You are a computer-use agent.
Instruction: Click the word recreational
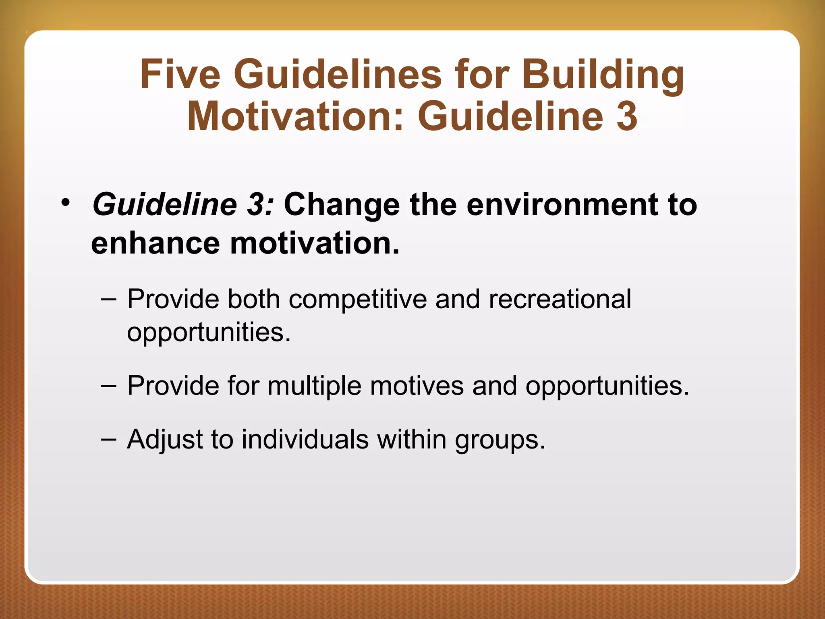(x=560, y=299)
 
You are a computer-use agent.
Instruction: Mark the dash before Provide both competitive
(x=109, y=299)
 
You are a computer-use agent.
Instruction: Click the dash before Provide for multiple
(x=109, y=386)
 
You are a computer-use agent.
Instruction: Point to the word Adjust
(x=165, y=439)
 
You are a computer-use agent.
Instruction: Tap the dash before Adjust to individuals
(x=109, y=439)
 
